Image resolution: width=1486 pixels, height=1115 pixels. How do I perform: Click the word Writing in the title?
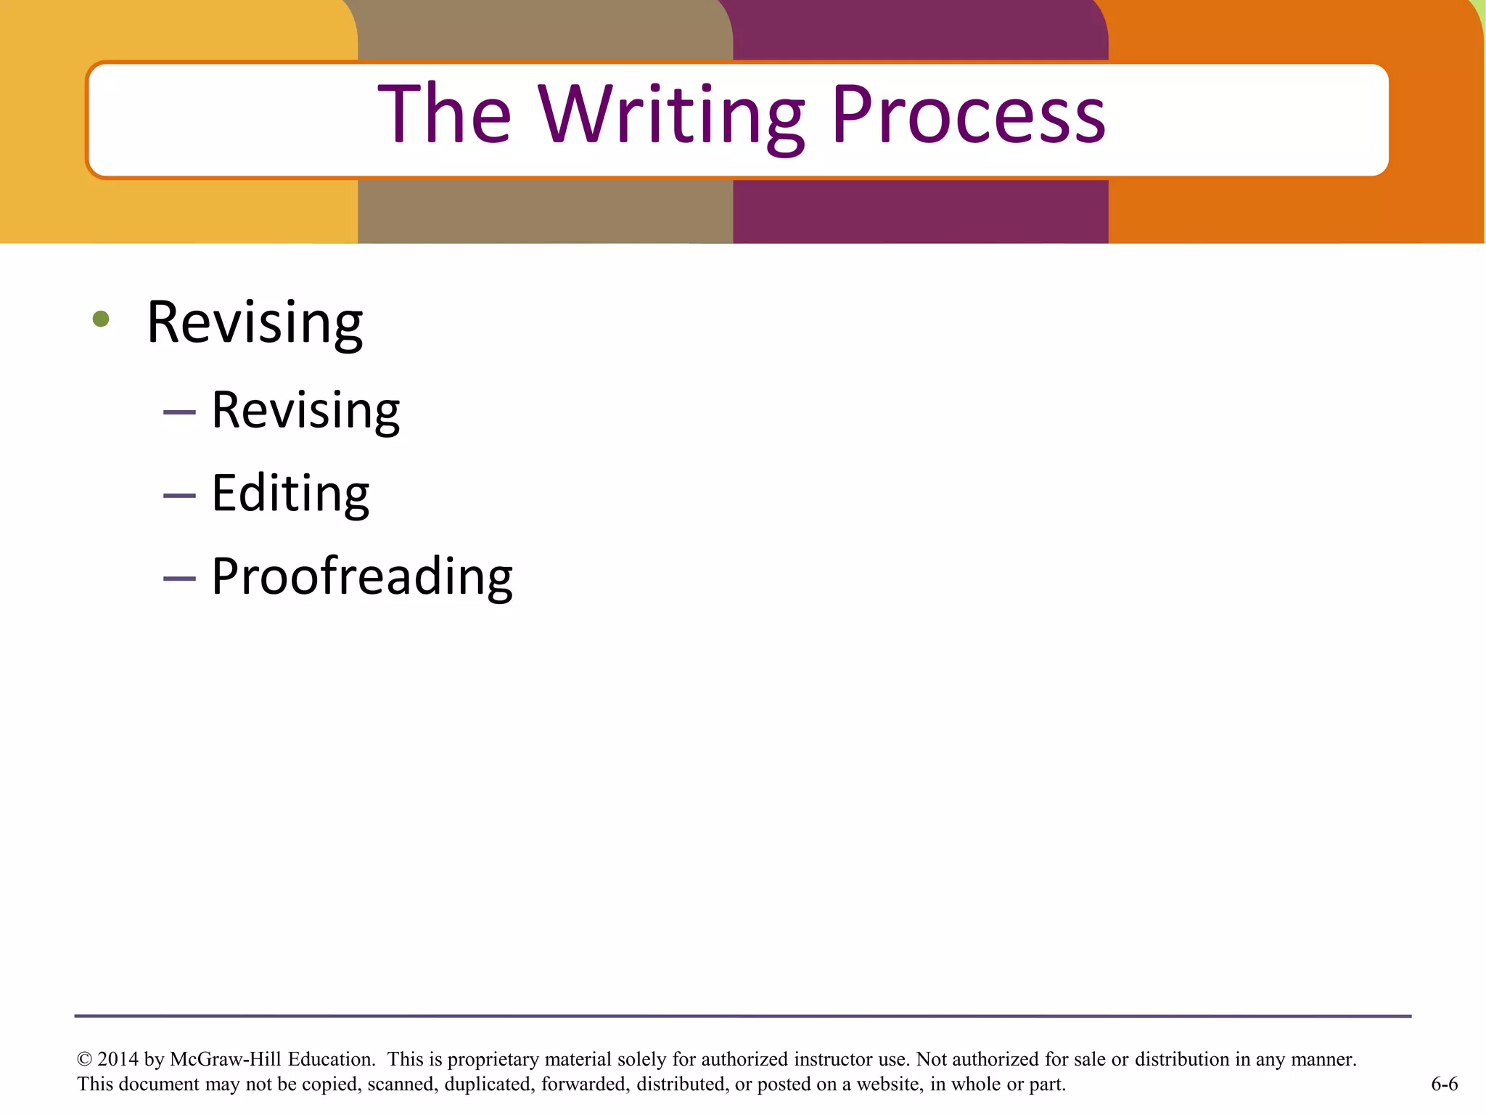pos(670,116)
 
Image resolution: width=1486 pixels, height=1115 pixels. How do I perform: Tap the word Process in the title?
pos(968,116)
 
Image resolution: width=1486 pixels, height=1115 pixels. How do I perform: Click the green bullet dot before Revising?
pos(101,319)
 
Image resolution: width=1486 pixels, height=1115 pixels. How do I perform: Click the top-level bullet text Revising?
pos(255,322)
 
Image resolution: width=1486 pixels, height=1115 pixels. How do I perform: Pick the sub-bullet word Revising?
pos(305,411)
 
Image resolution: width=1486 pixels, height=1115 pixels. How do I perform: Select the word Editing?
pos(290,494)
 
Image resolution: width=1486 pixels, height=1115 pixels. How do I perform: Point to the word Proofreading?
pos(362,577)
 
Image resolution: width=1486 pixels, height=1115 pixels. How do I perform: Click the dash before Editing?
pos(179,496)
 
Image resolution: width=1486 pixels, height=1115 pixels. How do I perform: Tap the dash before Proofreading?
pos(179,579)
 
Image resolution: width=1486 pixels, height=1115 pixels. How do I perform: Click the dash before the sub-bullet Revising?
pos(179,412)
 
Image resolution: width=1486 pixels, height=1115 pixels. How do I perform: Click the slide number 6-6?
pos(1444,1085)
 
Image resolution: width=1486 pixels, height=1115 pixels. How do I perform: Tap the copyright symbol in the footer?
pos(84,1060)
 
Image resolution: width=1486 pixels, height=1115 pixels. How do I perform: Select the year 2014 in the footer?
pos(118,1060)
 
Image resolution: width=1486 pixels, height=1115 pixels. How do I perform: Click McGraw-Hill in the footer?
pos(226,1060)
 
